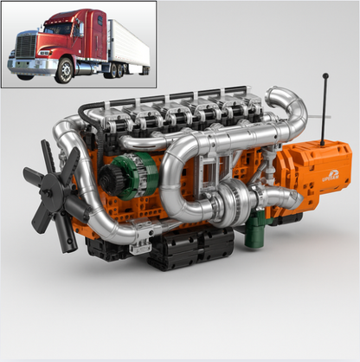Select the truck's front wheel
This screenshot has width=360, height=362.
[64, 71]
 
